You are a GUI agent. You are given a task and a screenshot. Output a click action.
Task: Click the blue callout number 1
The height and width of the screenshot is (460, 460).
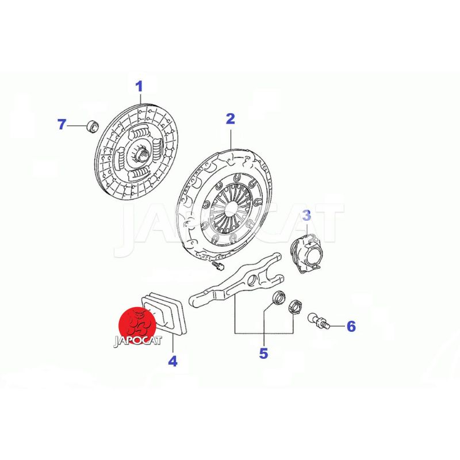(139, 87)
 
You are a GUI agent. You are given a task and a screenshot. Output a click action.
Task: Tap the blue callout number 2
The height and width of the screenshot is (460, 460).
(231, 119)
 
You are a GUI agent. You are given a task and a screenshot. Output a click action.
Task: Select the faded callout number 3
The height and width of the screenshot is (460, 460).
(306, 215)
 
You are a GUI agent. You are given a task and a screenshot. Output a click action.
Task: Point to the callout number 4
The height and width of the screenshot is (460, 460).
(173, 361)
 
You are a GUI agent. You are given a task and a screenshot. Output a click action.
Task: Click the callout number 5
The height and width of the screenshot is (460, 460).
(263, 354)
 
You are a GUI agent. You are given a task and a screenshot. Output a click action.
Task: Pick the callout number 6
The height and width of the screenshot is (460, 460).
(351, 326)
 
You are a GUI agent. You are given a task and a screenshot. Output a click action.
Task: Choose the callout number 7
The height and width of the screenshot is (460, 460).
(62, 124)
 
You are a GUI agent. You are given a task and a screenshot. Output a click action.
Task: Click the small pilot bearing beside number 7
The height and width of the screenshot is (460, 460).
(93, 126)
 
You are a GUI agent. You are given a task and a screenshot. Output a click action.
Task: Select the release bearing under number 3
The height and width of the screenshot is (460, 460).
(306, 253)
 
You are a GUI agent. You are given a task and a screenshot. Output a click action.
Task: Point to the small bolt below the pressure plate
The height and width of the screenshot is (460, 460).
(218, 266)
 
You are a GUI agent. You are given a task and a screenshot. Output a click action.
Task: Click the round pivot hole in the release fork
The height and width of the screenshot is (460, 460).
(251, 281)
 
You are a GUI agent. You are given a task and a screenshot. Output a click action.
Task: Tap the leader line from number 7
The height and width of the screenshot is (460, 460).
(78, 125)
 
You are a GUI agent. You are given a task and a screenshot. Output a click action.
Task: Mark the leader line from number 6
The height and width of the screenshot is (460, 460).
(338, 326)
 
